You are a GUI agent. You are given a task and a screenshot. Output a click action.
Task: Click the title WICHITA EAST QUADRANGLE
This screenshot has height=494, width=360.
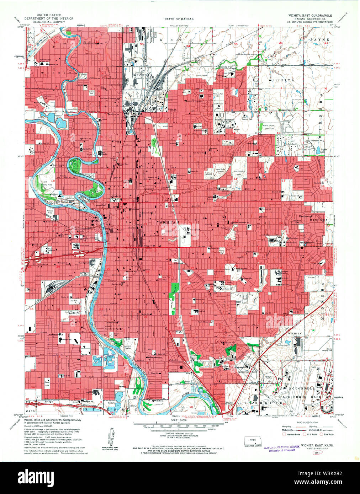pyautogui.click(x=310, y=16)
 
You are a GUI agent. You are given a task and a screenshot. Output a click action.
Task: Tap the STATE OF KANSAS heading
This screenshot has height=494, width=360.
pyautogui.click(x=179, y=19)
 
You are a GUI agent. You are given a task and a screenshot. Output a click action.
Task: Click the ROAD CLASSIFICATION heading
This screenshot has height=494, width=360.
pyautogui.click(x=307, y=423)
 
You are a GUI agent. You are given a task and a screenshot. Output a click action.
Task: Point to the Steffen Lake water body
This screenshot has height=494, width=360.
pyautogui.click(x=318, y=151)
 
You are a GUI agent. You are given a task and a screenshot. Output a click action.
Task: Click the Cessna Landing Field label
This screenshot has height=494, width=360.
pyautogui.click(x=327, y=350)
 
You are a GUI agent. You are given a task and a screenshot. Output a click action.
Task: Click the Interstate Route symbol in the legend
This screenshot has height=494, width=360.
pyautogui.click(x=284, y=434)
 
